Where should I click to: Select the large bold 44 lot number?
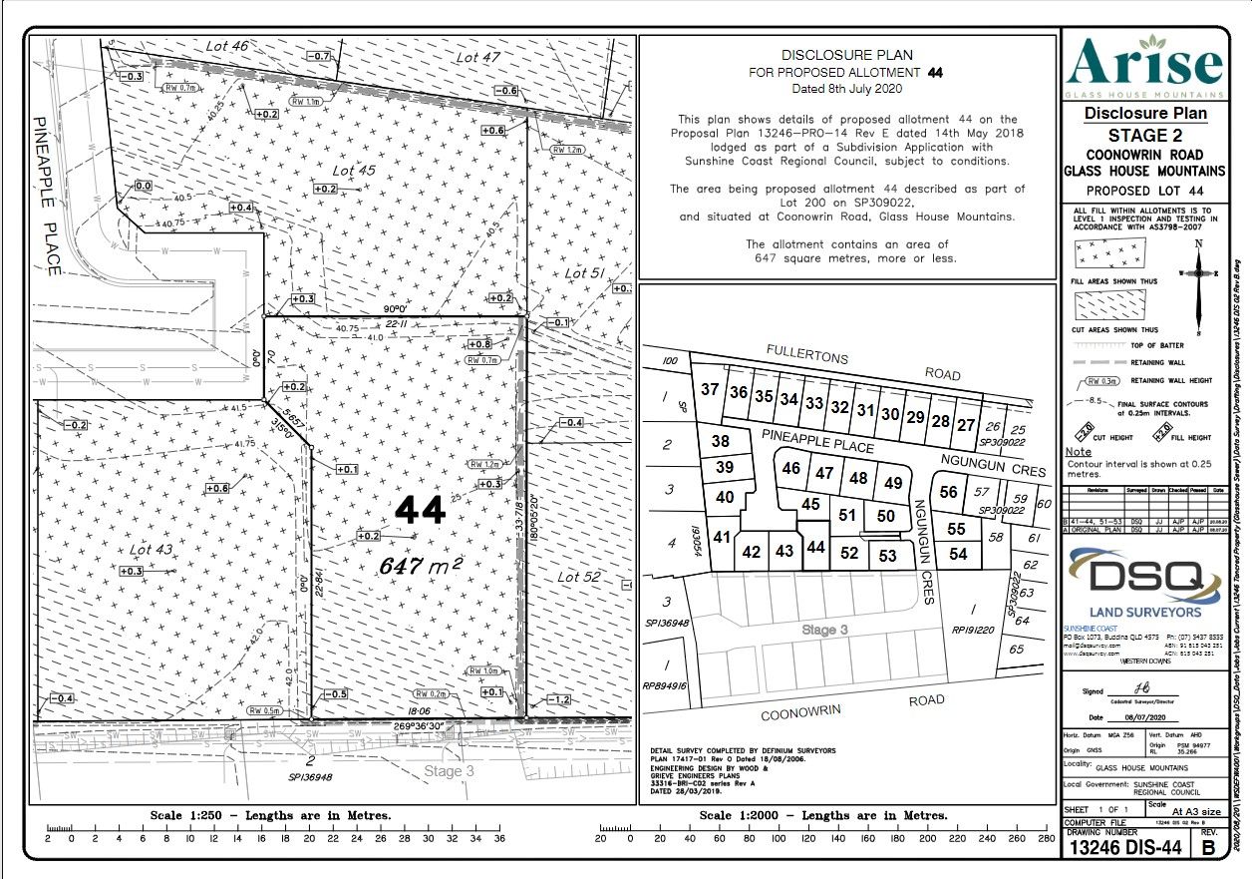(x=420, y=511)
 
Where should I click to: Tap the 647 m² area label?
(x=421, y=566)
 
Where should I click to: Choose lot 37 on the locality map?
(x=710, y=389)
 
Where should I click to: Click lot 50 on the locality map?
(x=886, y=516)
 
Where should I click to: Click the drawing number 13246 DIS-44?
(x=1125, y=849)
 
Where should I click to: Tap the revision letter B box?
(x=1208, y=849)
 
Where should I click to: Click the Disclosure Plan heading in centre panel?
(x=846, y=56)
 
